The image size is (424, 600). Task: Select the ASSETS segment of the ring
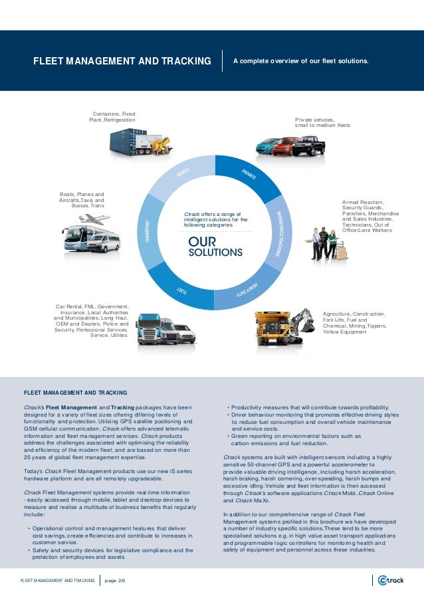[x=183, y=175]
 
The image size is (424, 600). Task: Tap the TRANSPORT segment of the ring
[x=148, y=230]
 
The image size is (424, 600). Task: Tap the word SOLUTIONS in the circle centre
[x=215, y=253]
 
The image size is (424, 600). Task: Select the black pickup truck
[x=308, y=144]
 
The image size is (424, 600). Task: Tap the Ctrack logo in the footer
[x=390, y=580]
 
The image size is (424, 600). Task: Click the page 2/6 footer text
[x=115, y=580]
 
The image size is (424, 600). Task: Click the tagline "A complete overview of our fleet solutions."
[x=300, y=62]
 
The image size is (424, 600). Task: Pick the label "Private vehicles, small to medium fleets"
[x=322, y=122]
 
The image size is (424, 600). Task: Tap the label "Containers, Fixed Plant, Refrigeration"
[x=112, y=117]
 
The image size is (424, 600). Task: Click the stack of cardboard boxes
[x=342, y=251]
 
